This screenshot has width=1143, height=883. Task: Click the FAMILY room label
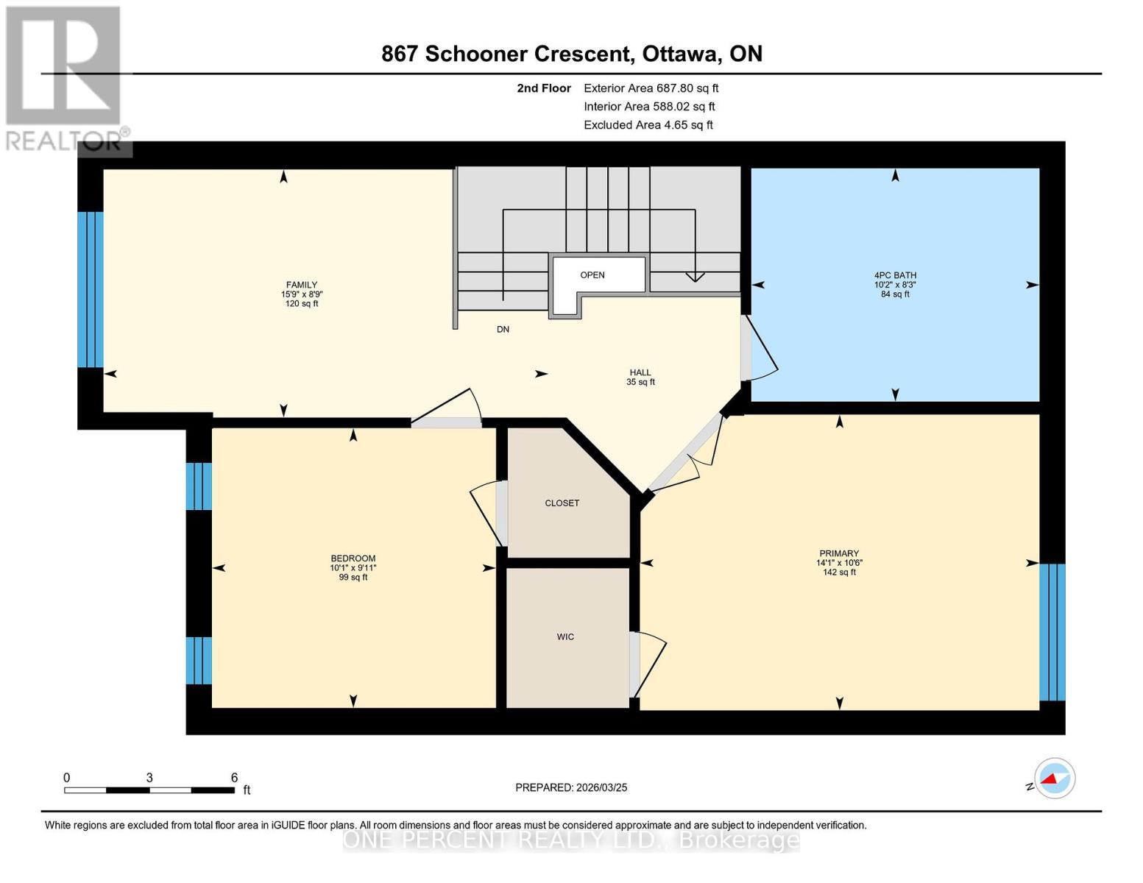302,286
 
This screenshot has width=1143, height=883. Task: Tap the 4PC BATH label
895,275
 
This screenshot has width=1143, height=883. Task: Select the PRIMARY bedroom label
839,553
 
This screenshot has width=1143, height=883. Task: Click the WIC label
565,636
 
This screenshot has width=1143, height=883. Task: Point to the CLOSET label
562,503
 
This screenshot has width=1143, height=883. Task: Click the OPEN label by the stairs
592,275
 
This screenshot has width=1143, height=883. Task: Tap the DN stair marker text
503,330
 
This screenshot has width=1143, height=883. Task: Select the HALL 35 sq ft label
640,377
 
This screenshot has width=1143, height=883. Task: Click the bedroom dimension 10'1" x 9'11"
353,568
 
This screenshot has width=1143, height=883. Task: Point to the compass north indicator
1055,779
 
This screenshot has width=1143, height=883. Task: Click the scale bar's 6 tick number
234,778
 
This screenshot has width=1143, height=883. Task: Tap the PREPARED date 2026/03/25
571,787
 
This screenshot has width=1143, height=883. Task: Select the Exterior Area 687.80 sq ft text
651,88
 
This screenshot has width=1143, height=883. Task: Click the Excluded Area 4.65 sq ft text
648,125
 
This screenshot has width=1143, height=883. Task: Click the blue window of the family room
91,289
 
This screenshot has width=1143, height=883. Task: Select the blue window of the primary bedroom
1052,632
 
